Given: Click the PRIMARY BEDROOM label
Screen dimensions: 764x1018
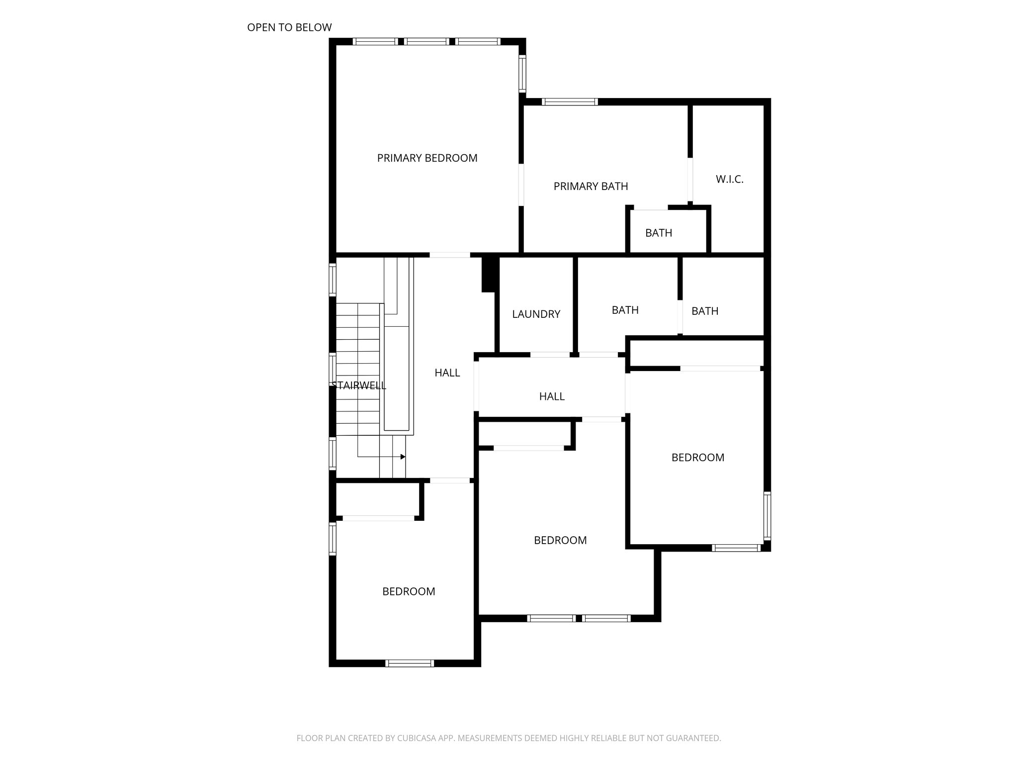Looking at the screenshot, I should pyautogui.click(x=427, y=158).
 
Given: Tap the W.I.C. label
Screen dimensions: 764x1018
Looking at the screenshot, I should pyautogui.click(x=729, y=180).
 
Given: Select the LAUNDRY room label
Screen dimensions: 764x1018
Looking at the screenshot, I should pyautogui.click(x=536, y=314).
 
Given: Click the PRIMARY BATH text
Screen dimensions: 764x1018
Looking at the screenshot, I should pyautogui.click(x=591, y=187).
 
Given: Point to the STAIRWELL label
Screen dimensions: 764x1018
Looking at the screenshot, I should pyautogui.click(x=359, y=385).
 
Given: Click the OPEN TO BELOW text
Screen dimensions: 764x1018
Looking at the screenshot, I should pyautogui.click(x=289, y=28).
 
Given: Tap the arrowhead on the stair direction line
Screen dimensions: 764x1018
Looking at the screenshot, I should pyautogui.click(x=403, y=457).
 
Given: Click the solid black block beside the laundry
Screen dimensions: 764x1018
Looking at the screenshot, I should pyautogui.click(x=490, y=274).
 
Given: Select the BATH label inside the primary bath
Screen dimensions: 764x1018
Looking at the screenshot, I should pyautogui.click(x=659, y=233).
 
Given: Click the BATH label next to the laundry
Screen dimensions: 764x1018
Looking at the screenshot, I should pyautogui.click(x=625, y=310).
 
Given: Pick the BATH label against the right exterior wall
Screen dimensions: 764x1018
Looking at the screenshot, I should pyautogui.click(x=704, y=311).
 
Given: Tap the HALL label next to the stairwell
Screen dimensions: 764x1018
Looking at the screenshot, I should pyautogui.click(x=447, y=373).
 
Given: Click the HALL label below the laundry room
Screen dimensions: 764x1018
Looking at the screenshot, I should pyautogui.click(x=552, y=396).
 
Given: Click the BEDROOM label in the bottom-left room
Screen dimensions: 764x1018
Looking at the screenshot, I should pyautogui.click(x=409, y=591).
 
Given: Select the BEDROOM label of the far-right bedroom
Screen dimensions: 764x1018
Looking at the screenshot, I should pyautogui.click(x=697, y=458).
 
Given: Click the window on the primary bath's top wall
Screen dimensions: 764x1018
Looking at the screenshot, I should pyautogui.click(x=569, y=102).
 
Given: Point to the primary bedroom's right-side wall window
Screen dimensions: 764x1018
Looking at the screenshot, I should pyautogui.click(x=522, y=74).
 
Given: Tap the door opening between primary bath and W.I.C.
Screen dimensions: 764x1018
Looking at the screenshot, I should pyautogui.click(x=690, y=180).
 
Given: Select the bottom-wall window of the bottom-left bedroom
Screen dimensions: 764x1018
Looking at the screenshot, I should pyautogui.click(x=410, y=663).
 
